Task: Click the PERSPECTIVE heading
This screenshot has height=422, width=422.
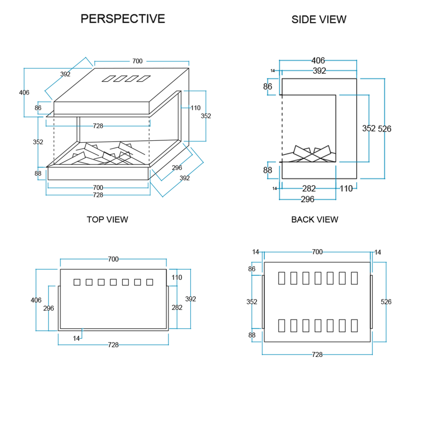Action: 123,19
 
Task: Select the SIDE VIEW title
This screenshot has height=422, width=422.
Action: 319,19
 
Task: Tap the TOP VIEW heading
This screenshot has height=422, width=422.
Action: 107,219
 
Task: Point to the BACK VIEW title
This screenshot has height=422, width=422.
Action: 315,219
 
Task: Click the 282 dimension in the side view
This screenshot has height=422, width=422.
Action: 309,189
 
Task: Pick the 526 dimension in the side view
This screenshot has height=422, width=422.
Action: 385,129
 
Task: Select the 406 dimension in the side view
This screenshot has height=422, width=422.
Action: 318,61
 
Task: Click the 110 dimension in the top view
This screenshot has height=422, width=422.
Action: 177,277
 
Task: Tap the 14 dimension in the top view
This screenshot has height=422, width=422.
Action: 76,338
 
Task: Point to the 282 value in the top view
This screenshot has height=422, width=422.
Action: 177,308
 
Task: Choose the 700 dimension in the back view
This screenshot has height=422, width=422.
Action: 317,252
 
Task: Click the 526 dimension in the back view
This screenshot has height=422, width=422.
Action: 386,302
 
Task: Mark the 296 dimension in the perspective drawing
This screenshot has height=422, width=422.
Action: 177,167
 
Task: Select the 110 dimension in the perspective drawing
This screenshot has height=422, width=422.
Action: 196,108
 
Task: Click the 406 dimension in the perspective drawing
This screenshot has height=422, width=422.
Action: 24,92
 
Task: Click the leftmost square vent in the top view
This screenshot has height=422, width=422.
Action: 77,282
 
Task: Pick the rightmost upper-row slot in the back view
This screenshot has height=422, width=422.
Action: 354,278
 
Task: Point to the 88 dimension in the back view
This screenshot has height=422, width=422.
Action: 252,335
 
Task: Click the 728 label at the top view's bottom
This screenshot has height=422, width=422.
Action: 113,345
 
